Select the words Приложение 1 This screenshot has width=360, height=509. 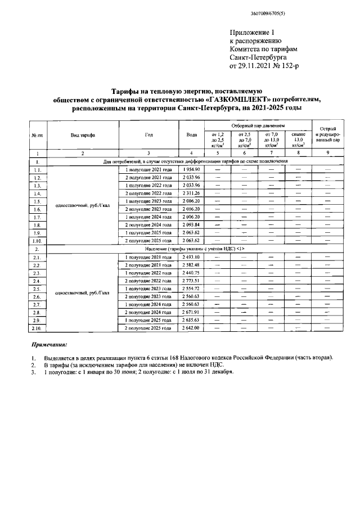pos(254,34)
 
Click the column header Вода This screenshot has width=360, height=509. pos(191,135)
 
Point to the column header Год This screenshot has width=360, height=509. pos(148,135)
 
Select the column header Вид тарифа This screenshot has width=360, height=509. pos(83,135)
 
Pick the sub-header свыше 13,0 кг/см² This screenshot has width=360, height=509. pos(298,139)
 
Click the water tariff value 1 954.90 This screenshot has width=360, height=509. pos(191,169)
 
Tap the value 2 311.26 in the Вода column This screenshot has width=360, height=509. pos(191,193)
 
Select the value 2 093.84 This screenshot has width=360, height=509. pos(191,224)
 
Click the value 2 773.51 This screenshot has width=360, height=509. pos(191,280)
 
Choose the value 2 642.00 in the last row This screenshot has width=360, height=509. pos(191,327)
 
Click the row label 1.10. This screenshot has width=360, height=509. pos(37,240)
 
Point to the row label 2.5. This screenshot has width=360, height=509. pos(37,288)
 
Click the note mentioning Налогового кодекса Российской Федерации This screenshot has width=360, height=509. pos(188,358)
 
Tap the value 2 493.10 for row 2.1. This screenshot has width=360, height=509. pos(191,256)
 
